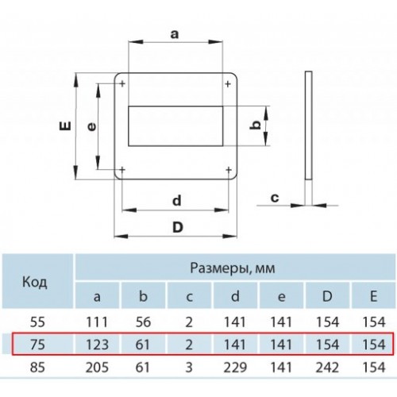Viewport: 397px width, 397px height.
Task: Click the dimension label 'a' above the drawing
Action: (x=175, y=34)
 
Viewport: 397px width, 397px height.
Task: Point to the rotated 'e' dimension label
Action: (x=92, y=127)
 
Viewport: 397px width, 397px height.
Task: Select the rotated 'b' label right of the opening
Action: (x=256, y=125)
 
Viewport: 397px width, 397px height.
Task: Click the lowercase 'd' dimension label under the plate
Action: (x=177, y=200)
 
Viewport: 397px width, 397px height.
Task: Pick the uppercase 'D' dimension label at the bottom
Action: (x=178, y=227)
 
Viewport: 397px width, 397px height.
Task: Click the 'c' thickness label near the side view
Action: (x=275, y=198)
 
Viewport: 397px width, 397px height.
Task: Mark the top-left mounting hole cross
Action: (x=122, y=84)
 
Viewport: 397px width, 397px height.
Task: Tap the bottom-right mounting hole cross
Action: (x=229, y=169)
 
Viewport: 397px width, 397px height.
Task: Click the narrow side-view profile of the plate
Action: (x=309, y=125)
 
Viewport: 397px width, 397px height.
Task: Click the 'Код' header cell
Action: (x=35, y=282)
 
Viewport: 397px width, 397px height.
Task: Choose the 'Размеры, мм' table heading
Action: (x=233, y=268)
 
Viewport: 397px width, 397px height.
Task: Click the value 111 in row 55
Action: (x=97, y=322)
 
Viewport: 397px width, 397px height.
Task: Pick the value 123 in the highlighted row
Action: (x=97, y=345)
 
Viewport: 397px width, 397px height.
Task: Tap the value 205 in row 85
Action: (x=97, y=368)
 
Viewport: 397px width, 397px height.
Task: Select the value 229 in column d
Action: (x=235, y=368)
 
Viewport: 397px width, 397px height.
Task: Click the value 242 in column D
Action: (x=327, y=368)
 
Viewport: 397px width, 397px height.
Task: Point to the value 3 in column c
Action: (x=189, y=368)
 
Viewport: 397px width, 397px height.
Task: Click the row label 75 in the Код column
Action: (x=37, y=345)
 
